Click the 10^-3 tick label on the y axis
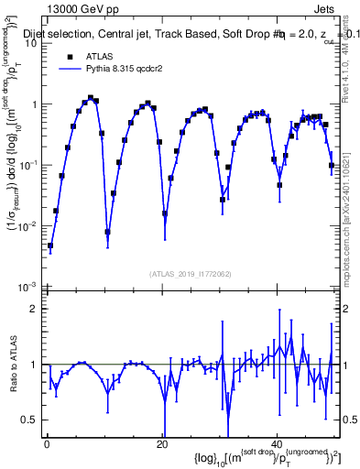click(x=27, y=287)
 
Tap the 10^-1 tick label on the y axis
click(x=27, y=166)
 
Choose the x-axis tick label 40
click(x=278, y=445)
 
